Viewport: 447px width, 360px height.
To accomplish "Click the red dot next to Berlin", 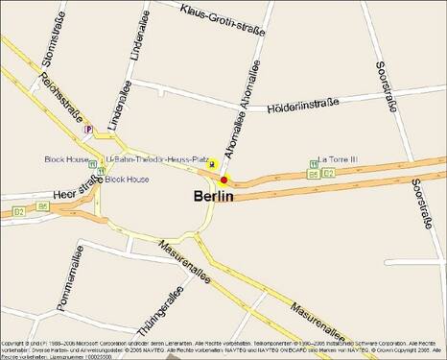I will [223, 180].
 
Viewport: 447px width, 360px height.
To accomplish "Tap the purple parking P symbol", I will [88, 130].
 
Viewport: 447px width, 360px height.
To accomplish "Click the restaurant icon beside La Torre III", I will [314, 161].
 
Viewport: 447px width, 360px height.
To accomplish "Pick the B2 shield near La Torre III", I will [328, 174].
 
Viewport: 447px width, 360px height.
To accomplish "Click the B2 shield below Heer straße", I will [17, 210].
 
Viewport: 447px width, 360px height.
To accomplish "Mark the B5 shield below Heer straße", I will [42, 206].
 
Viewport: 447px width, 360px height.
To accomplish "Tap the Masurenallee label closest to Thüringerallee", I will [184, 265].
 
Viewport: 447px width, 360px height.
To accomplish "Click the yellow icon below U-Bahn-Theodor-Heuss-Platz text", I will [212, 165].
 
